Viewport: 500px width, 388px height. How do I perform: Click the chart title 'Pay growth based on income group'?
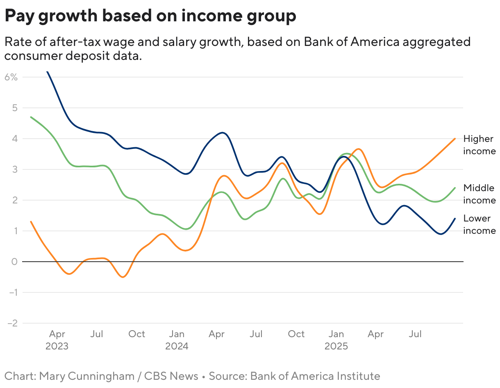click(150, 16)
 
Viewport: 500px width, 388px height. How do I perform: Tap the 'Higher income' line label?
click(479, 145)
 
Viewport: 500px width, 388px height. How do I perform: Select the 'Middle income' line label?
click(479, 194)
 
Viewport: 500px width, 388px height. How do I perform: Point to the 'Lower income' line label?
click(479, 224)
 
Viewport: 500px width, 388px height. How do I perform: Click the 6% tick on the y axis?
click(11, 77)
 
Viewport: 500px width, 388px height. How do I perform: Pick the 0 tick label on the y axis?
click(14, 262)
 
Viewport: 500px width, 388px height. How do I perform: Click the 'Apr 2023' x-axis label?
click(57, 340)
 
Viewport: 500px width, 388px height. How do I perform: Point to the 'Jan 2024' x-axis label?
click(177, 340)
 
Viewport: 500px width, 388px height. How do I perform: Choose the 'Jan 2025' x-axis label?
click(336, 340)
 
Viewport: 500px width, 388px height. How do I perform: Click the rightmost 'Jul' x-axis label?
click(415, 334)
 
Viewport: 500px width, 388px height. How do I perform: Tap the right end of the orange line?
click(455, 139)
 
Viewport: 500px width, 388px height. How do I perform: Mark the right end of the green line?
click(455, 188)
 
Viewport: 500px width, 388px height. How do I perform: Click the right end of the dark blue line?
click(455, 219)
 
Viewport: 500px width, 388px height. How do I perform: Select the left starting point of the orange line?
click(31, 221)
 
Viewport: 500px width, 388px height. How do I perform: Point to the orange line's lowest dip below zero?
click(123, 277)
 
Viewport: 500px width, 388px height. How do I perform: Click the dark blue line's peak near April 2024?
click(222, 133)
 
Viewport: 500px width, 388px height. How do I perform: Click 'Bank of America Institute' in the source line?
click(315, 376)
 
